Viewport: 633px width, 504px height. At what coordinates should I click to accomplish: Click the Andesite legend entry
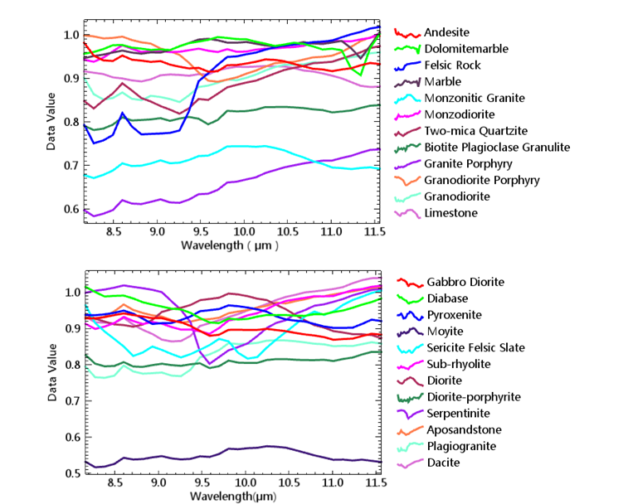tap(446, 32)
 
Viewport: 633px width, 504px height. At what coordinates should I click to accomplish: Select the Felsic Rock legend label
tap(455, 65)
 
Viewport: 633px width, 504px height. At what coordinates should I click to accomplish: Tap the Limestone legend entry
tap(450, 213)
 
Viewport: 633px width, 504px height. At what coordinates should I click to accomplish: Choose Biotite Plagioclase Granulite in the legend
tap(496, 147)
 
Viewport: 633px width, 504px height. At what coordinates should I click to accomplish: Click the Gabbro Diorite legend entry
tap(465, 282)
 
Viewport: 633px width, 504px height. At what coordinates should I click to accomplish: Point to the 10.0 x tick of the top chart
tap(244, 235)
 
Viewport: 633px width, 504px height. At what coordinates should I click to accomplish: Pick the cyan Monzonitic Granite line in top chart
tap(249, 147)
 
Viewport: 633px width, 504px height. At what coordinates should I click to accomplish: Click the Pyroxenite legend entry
tap(453, 315)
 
